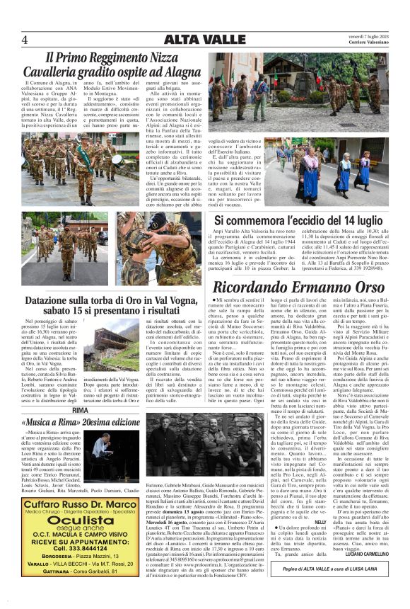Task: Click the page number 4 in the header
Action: coord(25,40)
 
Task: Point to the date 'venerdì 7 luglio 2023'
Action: coord(363,35)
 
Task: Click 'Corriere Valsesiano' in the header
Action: coord(365,43)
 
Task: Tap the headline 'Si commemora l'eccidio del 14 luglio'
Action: coord(298,221)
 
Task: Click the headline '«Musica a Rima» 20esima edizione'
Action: coord(81,422)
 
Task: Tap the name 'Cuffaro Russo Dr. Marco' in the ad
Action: coord(80,504)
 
